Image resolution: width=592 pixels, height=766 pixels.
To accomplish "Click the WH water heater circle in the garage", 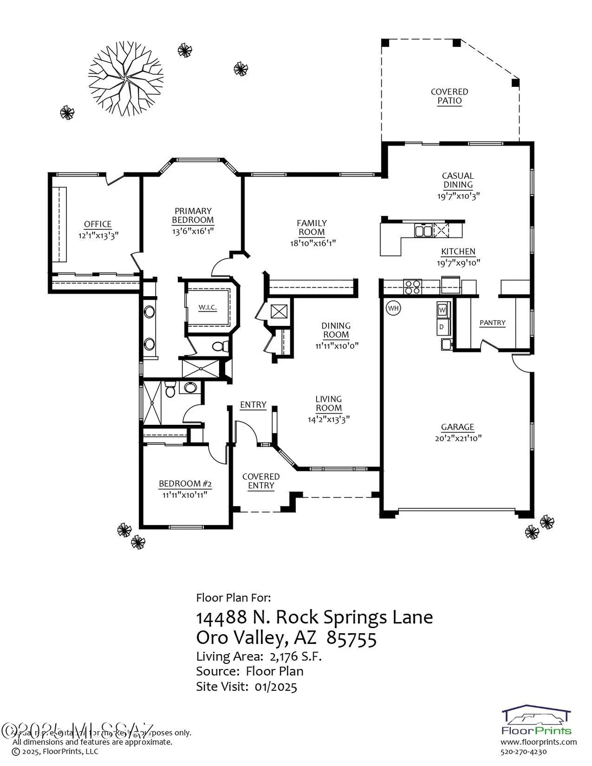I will (393, 308).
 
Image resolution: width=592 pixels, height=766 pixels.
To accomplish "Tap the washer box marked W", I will (442, 310).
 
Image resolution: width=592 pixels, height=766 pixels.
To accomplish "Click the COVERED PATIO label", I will (449, 96).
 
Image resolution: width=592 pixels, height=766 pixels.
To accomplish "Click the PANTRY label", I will (492, 323).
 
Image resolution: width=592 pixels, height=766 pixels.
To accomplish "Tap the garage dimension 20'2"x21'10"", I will (458, 438).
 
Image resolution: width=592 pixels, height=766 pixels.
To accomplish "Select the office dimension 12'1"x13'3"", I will (98, 236).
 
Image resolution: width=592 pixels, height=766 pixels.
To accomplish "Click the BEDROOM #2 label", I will (185, 484).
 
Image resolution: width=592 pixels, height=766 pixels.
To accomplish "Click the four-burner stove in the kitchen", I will (412, 288).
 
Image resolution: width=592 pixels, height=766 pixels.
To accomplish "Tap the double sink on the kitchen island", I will (423, 231).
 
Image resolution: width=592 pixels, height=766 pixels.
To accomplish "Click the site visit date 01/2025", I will (276, 686).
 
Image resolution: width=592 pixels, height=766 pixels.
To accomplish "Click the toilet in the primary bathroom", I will (219, 347).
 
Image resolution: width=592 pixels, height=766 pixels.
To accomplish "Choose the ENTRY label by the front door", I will (253, 404).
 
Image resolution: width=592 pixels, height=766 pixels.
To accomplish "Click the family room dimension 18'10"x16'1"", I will (312, 243).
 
